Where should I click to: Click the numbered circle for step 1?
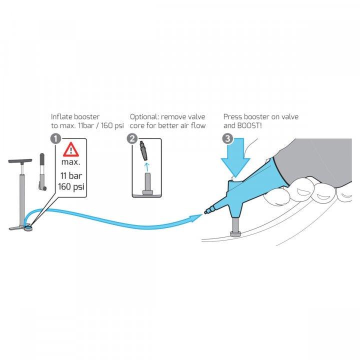[x=55, y=139]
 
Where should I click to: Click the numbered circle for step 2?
[x=132, y=139]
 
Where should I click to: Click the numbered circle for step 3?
[x=228, y=139]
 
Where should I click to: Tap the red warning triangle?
[x=71, y=149]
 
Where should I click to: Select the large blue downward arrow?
[x=235, y=157]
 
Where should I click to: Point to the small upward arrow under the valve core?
[x=147, y=167]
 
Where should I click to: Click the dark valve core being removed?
[x=143, y=150]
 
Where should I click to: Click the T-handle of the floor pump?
[x=20, y=160]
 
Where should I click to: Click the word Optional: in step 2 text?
[x=144, y=117]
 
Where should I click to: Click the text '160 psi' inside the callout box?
[x=71, y=186]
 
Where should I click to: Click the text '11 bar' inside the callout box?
[x=71, y=176]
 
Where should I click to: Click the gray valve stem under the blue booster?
[x=235, y=227]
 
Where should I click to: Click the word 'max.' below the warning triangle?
[x=71, y=162]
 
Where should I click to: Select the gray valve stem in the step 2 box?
[x=147, y=184]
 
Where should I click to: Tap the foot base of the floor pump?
[x=20, y=228]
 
